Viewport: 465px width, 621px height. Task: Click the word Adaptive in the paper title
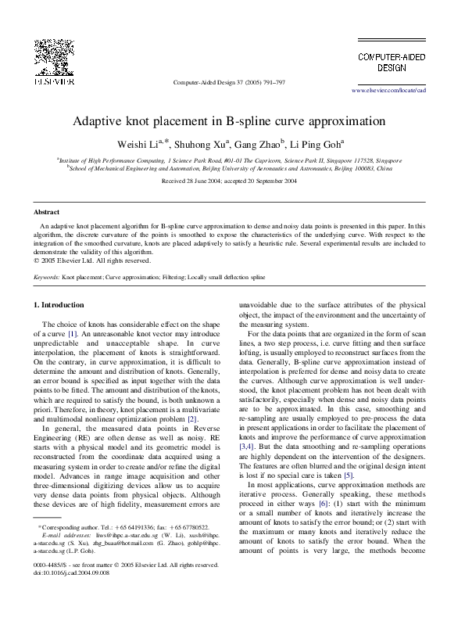pyautogui.click(x=101, y=122)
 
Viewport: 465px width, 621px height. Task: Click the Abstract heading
pyautogui.click(x=48, y=213)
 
